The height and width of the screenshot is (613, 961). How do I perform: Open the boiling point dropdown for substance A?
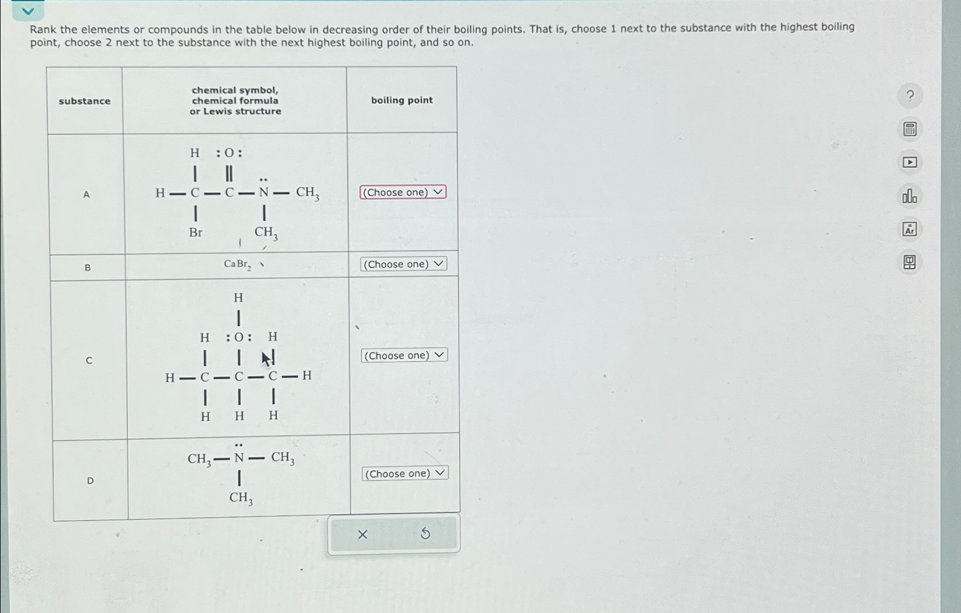click(x=403, y=193)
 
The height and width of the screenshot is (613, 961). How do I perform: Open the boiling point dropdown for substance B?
click(x=403, y=264)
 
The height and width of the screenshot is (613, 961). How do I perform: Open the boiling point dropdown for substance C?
click(x=404, y=355)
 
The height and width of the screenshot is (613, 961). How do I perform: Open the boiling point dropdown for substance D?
click(x=405, y=474)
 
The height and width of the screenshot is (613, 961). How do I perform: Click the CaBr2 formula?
click(x=237, y=264)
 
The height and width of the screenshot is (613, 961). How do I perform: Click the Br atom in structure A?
click(x=195, y=233)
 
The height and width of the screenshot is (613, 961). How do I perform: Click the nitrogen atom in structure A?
click(x=263, y=193)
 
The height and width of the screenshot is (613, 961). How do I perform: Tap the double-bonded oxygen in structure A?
click(x=229, y=153)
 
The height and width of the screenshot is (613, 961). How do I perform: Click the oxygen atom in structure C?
click(x=239, y=337)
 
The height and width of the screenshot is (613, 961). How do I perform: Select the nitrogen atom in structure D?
click(x=239, y=458)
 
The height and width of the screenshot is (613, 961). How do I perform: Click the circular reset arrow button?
click(x=425, y=534)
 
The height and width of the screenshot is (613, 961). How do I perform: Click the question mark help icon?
click(x=910, y=96)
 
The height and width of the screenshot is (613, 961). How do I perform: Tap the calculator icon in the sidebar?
click(x=910, y=129)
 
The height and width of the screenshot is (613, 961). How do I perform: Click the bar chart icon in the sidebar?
click(x=910, y=197)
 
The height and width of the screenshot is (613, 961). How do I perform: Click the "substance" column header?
click(x=85, y=101)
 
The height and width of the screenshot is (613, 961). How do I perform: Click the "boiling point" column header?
click(x=402, y=101)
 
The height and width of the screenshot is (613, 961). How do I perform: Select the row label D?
click(x=90, y=481)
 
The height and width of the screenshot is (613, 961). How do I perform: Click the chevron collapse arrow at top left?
click(x=27, y=11)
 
